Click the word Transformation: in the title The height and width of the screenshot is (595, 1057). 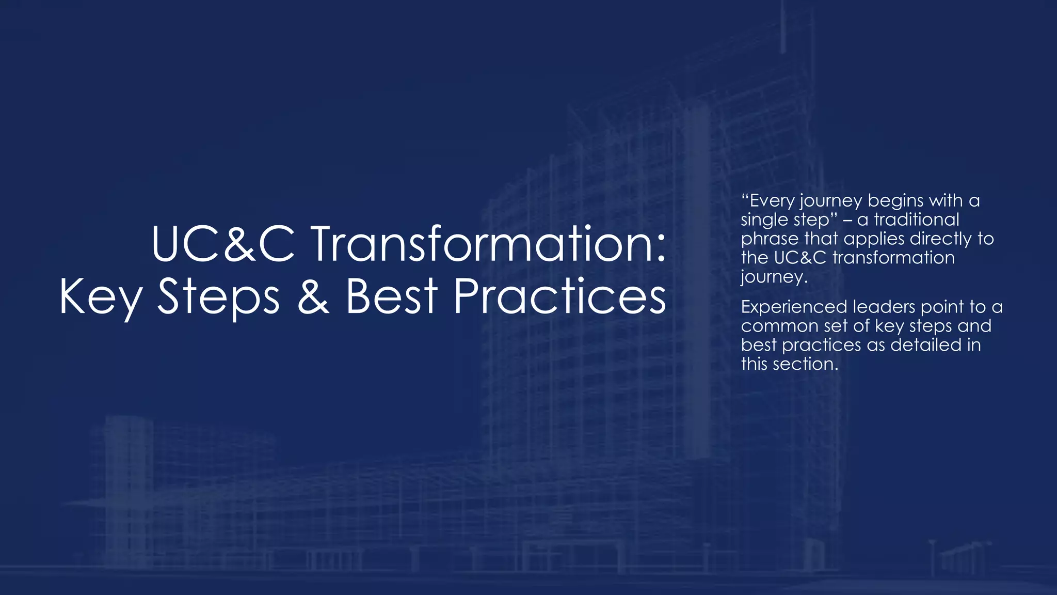coord(489,244)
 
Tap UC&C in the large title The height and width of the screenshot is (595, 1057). coord(223,244)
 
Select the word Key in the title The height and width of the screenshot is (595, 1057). coord(101,298)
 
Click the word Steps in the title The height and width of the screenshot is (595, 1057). coord(218,298)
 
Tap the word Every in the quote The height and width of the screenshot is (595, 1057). coord(771,201)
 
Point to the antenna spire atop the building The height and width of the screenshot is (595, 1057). coord(783,26)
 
